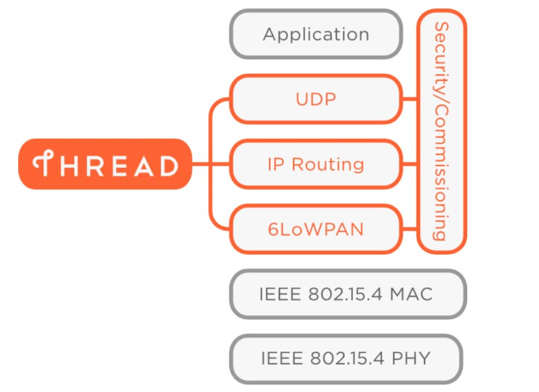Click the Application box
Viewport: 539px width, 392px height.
[x=316, y=34]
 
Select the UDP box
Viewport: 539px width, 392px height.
[x=316, y=99]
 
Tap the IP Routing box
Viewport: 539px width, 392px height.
[x=316, y=164]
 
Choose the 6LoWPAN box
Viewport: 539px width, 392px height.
[x=316, y=229]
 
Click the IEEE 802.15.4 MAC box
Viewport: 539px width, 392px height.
[x=347, y=294]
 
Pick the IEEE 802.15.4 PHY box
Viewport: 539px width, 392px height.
[x=345, y=358]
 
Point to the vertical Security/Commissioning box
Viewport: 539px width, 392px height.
[x=442, y=131]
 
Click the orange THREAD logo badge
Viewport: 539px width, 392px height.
[x=105, y=164]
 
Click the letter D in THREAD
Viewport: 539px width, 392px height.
[x=168, y=166]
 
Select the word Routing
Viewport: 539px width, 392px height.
[x=328, y=165]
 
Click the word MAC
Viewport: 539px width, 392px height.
[x=412, y=294]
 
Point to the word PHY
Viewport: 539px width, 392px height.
[x=410, y=358]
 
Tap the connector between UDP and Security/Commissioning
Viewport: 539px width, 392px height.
[x=410, y=99]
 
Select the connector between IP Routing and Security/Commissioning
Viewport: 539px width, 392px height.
[x=410, y=164]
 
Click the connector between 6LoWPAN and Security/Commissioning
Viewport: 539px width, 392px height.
[x=410, y=229]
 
